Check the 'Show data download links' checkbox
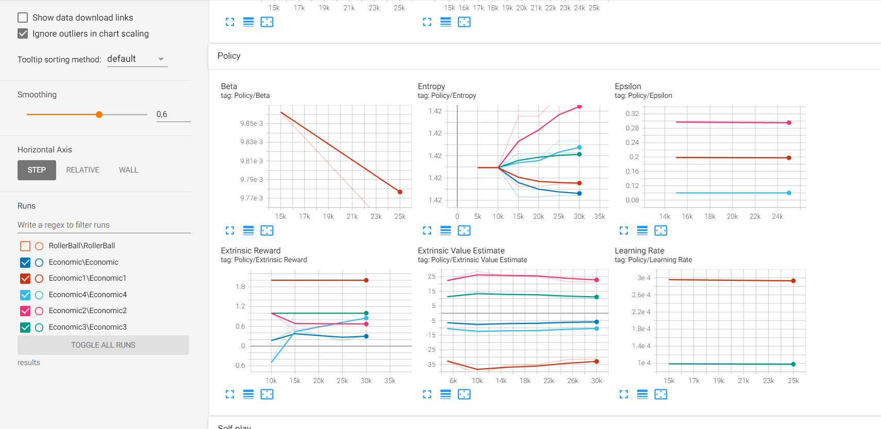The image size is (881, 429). click(x=23, y=18)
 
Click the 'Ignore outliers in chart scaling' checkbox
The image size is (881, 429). click(x=23, y=33)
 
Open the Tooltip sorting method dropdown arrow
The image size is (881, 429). click(x=161, y=59)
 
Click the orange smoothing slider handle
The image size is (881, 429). click(x=99, y=114)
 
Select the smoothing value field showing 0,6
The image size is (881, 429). click(x=173, y=114)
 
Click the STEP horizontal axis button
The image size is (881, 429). click(x=37, y=170)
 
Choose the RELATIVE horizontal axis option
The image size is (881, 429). click(x=82, y=170)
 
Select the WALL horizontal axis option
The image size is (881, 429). click(x=128, y=170)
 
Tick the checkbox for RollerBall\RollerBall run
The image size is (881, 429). click(x=25, y=246)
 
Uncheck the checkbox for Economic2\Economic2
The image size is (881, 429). click(x=25, y=311)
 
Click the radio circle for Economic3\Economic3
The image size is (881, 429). click(x=39, y=328)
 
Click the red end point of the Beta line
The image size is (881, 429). click(x=400, y=192)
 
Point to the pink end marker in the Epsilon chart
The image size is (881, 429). click(x=789, y=123)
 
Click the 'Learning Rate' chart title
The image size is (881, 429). click(x=639, y=251)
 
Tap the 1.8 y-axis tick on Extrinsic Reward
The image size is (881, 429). click(x=240, y=287)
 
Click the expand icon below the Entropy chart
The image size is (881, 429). click(x=427, y=230)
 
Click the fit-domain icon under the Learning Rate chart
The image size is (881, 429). click(x=661, y=394)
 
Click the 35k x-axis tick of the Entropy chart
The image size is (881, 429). click(x=599, y=217)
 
